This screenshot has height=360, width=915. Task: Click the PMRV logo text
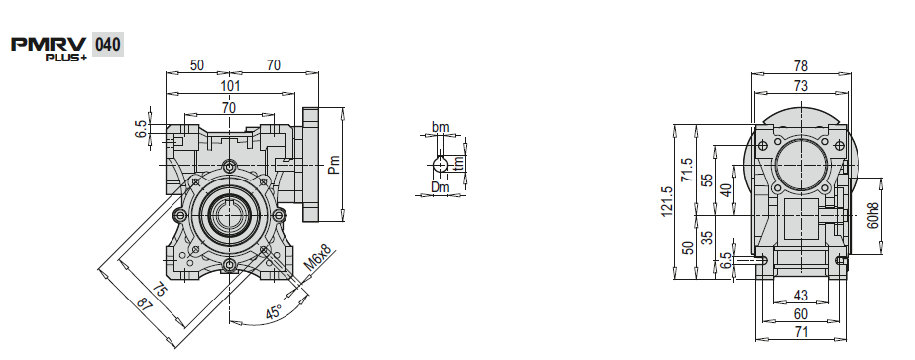point(49,45)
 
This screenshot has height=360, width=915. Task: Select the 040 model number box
point(107,45)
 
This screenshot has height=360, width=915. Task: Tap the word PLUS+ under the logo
point(66,58)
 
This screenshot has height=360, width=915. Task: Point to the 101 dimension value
point(231,86)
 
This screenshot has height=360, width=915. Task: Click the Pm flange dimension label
point(333,164)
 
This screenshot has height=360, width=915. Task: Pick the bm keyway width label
point(440,127)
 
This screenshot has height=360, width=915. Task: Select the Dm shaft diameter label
point(440,187)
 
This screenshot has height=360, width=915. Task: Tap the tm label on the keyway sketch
point(459,163)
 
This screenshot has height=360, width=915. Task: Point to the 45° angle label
point(274,312)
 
